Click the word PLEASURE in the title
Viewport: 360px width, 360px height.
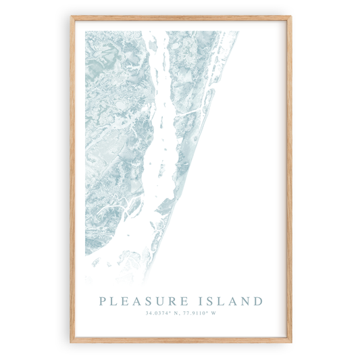click(142, 301)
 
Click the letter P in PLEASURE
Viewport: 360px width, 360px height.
click(103, 301)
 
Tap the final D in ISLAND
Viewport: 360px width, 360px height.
click(258, 301)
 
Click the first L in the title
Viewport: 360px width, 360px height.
click(113, 301)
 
